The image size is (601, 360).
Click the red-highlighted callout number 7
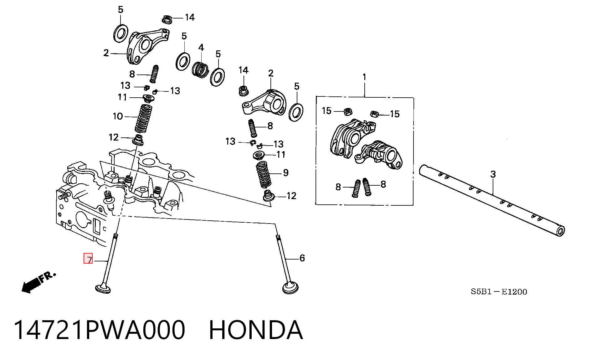click(89, 260)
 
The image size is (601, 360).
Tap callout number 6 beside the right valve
click(302, 258)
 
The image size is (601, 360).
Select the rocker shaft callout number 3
click(493, 174)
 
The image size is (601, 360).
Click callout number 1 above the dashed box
click(364, 77)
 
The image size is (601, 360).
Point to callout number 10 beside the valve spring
click(118, 116)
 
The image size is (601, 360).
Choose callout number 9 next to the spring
click(285, 172)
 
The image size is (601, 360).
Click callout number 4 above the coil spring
click(201, 48)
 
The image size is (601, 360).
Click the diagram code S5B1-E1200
click(499, 292)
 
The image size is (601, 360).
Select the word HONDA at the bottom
click(256, 330)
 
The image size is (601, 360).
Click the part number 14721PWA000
click(100, 330)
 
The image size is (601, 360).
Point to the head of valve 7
click(103, 288)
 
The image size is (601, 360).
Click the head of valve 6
click(290, 288)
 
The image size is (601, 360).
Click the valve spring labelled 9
click(264, 174)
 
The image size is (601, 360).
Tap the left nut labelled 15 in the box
click(348, 111)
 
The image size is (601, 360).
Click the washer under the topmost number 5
click(121, 33)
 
